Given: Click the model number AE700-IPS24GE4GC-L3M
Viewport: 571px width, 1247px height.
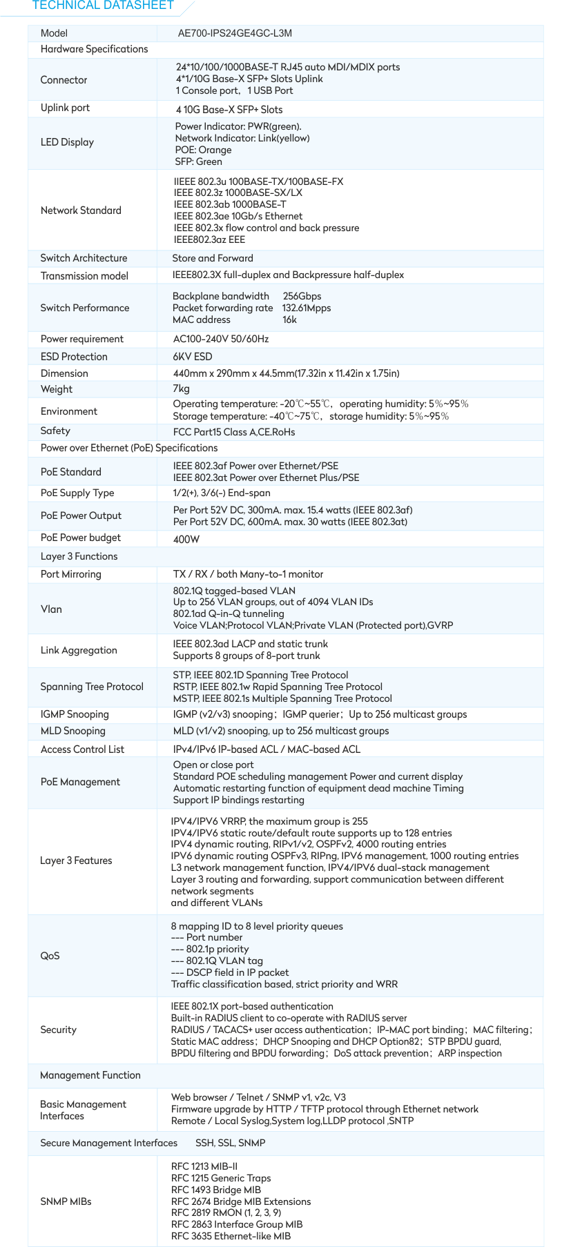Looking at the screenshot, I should click(235, 33).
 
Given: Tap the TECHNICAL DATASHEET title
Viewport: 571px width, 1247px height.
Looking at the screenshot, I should click(103, 6).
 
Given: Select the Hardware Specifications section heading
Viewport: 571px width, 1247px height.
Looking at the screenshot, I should click(94, 49).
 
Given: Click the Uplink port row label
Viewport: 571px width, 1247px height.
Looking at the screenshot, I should click(65, 108).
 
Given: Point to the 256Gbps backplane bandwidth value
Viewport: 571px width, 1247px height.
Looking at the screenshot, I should click(302, 296).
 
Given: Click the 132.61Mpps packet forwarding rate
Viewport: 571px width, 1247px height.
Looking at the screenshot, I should click(307, 308).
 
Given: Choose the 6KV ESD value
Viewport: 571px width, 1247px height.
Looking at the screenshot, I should click(193, 357).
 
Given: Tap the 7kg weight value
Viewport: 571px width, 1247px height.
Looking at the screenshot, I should click(181, 389).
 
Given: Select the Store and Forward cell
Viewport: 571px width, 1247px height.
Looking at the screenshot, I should click(213, 258).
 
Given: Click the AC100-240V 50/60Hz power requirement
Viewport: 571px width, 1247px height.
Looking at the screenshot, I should click(221, 339).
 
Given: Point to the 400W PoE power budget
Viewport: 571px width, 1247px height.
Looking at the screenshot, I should click(186, 539).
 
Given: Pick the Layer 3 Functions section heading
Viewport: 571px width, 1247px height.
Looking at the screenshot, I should click(79, 556).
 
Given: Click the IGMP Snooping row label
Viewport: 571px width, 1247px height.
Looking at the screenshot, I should click(75, 714).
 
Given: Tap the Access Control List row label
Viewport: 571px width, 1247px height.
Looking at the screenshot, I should click(82, 749).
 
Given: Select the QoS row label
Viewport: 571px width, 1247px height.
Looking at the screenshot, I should click(50, 956).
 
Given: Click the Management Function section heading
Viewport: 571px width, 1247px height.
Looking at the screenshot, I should click(90, 1075).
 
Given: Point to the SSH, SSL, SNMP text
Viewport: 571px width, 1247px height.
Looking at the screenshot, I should click(230, 1143).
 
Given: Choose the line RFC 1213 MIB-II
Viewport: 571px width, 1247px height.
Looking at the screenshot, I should click(204, 1166).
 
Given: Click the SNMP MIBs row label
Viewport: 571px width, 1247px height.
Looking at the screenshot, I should click(66, 1201).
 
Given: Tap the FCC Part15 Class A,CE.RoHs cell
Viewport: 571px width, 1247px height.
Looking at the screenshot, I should click(234, 432).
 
